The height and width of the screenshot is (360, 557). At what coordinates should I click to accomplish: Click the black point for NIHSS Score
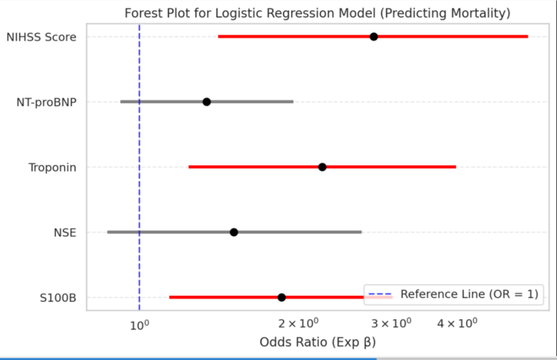point(374,37)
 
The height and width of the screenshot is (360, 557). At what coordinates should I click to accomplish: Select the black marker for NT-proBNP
point(207,102)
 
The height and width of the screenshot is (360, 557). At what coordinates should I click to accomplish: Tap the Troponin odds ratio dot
point(322,167)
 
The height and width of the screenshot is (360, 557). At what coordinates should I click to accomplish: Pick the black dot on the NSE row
point(234,232)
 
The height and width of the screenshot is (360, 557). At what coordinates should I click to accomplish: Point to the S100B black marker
point(282,297)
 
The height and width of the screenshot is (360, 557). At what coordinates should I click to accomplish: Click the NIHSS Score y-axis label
point(41,37)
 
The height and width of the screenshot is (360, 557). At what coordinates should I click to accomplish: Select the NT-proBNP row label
point(47,102)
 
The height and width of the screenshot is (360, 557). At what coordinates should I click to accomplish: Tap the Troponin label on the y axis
point(52,167)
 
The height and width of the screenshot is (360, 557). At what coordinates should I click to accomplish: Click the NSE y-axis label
point(65,232)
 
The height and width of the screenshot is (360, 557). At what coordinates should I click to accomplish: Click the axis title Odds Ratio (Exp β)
point(317,342)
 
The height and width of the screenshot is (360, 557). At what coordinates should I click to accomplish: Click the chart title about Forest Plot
point(317,13)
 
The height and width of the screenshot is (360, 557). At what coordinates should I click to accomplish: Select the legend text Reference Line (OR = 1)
point(469,294)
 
